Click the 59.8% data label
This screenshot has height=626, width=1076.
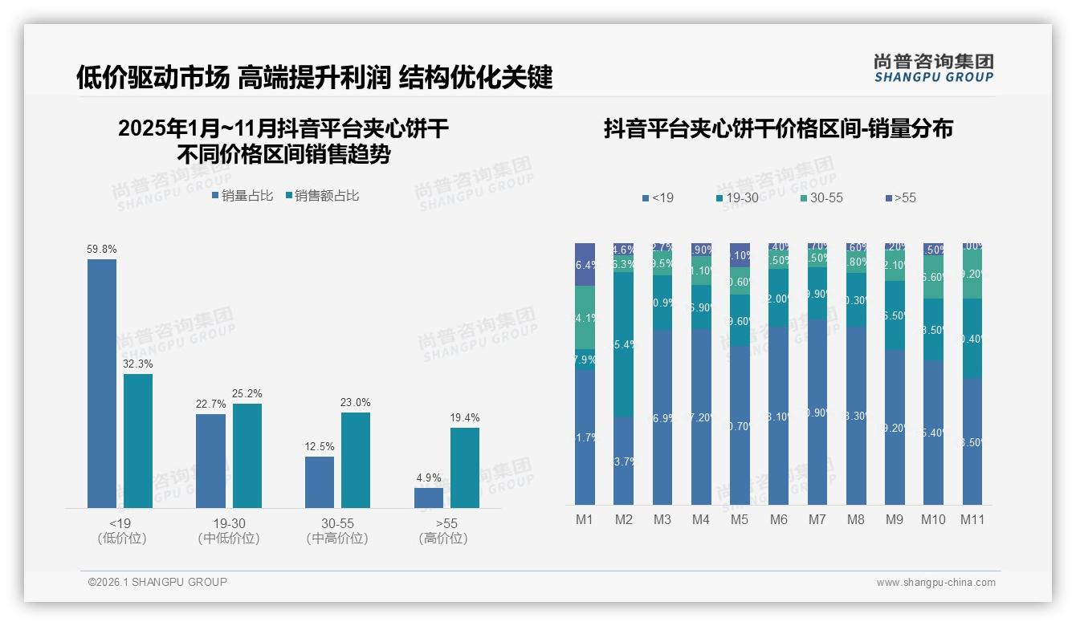101,250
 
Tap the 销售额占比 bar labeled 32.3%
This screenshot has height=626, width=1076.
138,441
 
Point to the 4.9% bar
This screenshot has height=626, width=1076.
429,498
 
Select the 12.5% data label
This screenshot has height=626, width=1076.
320,447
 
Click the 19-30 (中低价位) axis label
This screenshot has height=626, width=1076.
229,530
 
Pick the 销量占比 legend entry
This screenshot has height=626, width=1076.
243,195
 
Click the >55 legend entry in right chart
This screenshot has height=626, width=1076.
900,197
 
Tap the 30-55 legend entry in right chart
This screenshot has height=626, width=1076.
821,197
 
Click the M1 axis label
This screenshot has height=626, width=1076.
585,519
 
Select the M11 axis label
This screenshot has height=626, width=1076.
972,519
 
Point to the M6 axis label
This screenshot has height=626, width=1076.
778,519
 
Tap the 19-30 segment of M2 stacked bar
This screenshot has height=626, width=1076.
624,345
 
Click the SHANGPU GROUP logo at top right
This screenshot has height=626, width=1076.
933,68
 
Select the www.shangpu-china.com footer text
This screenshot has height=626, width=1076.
935,583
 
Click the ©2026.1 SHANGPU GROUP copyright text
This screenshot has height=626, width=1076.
157,582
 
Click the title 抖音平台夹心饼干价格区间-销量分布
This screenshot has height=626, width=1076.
778,128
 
